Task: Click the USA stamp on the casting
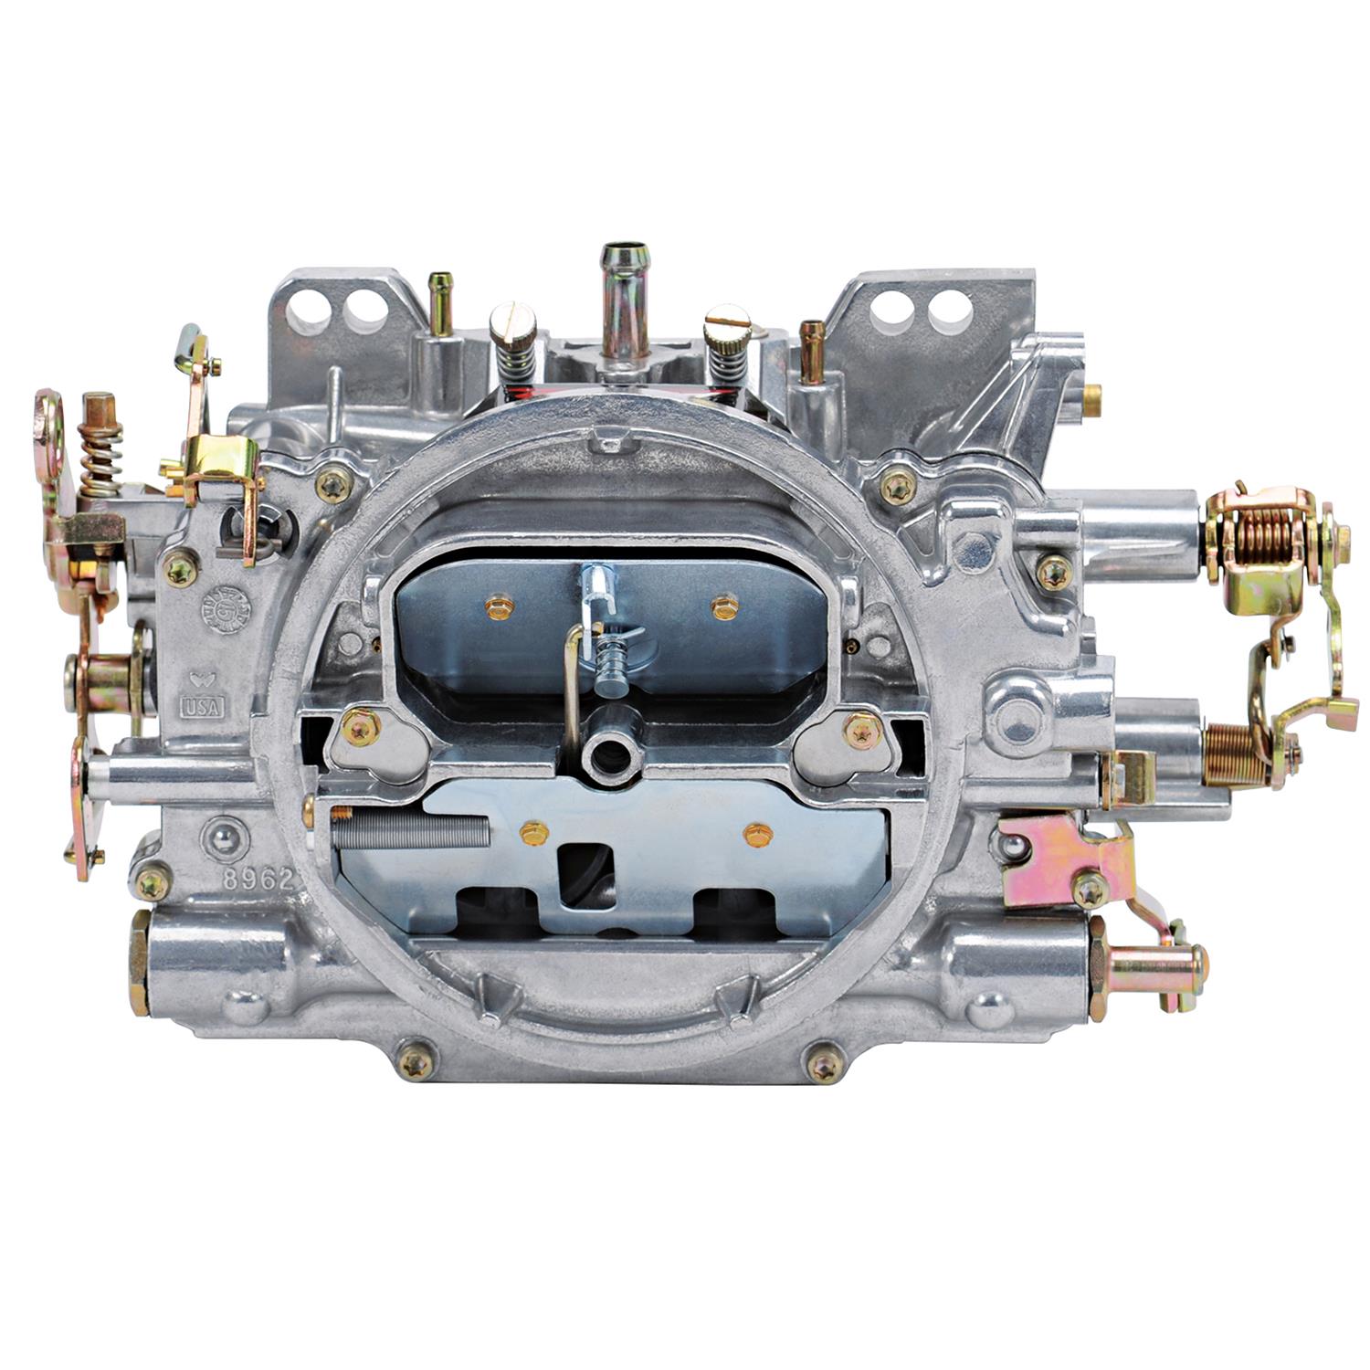tap(204, 706)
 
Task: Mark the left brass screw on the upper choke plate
tap(498, 605)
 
